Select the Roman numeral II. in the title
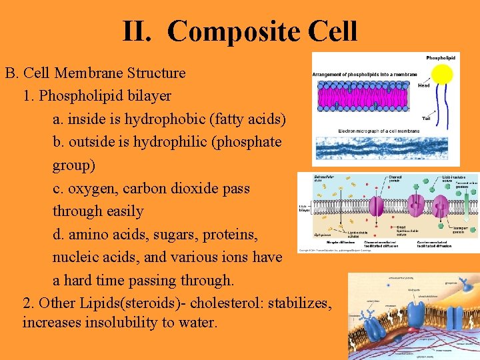(139, 31)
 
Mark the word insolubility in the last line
(131, 323)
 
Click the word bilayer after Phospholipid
(147, 96)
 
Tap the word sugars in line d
(167, 235)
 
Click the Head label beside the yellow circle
(423, 85)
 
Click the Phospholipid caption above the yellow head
(441, 59)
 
